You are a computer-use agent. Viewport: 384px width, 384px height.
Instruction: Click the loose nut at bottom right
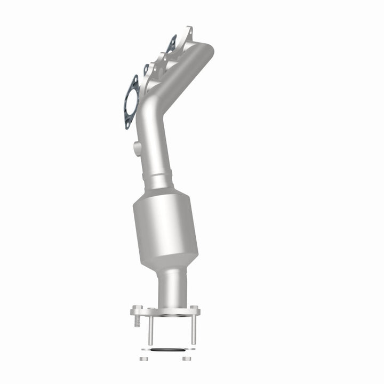click(186, 358)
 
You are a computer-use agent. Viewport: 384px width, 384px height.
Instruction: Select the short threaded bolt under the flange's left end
click(137, 321)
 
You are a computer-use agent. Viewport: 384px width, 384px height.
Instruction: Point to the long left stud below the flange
click(150, 331)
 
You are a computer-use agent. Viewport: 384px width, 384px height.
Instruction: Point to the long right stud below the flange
click(193, 331)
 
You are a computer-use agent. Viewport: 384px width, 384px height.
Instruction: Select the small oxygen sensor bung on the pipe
click(138, 149)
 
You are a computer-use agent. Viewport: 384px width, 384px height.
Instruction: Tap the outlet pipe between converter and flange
click(172, 288)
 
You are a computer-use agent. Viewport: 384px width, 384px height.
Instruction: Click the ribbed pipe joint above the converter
click(159, 176)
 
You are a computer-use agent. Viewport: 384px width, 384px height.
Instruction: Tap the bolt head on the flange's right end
click(195, 309)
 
